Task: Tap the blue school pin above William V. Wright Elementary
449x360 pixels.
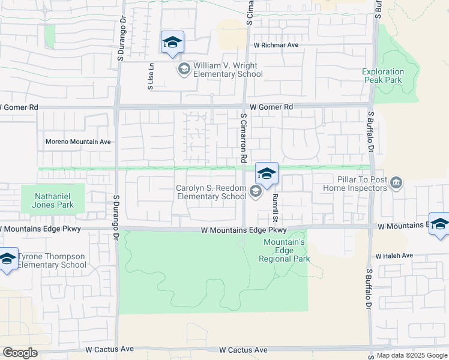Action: click(x=172, y=43)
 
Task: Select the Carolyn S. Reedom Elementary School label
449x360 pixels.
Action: click(x=211, y=192)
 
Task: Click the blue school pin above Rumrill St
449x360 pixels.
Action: click(x=267, y=175)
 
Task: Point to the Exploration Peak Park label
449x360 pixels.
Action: click(x=383, y=76)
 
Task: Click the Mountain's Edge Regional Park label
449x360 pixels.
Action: click(x=285, y=250)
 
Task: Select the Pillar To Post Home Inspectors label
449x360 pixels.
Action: click(x=354, y=184)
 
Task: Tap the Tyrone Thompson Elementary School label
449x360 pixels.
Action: click(x=52, y=260)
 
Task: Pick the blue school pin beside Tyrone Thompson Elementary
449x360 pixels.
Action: click(x=7, y=259)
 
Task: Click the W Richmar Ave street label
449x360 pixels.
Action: click(x=276, y=45)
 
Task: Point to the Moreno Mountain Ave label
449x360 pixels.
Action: click(x=79, y=142)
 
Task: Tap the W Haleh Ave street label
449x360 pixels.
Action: click(x=394, y=256)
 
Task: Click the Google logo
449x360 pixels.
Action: click(x=20, y=352)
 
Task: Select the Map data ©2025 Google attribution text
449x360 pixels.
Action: click(x=412, y=355)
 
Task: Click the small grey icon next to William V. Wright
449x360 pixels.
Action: click(x=184, y=70)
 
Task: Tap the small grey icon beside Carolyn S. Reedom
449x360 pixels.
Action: click(x=256, y=192)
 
